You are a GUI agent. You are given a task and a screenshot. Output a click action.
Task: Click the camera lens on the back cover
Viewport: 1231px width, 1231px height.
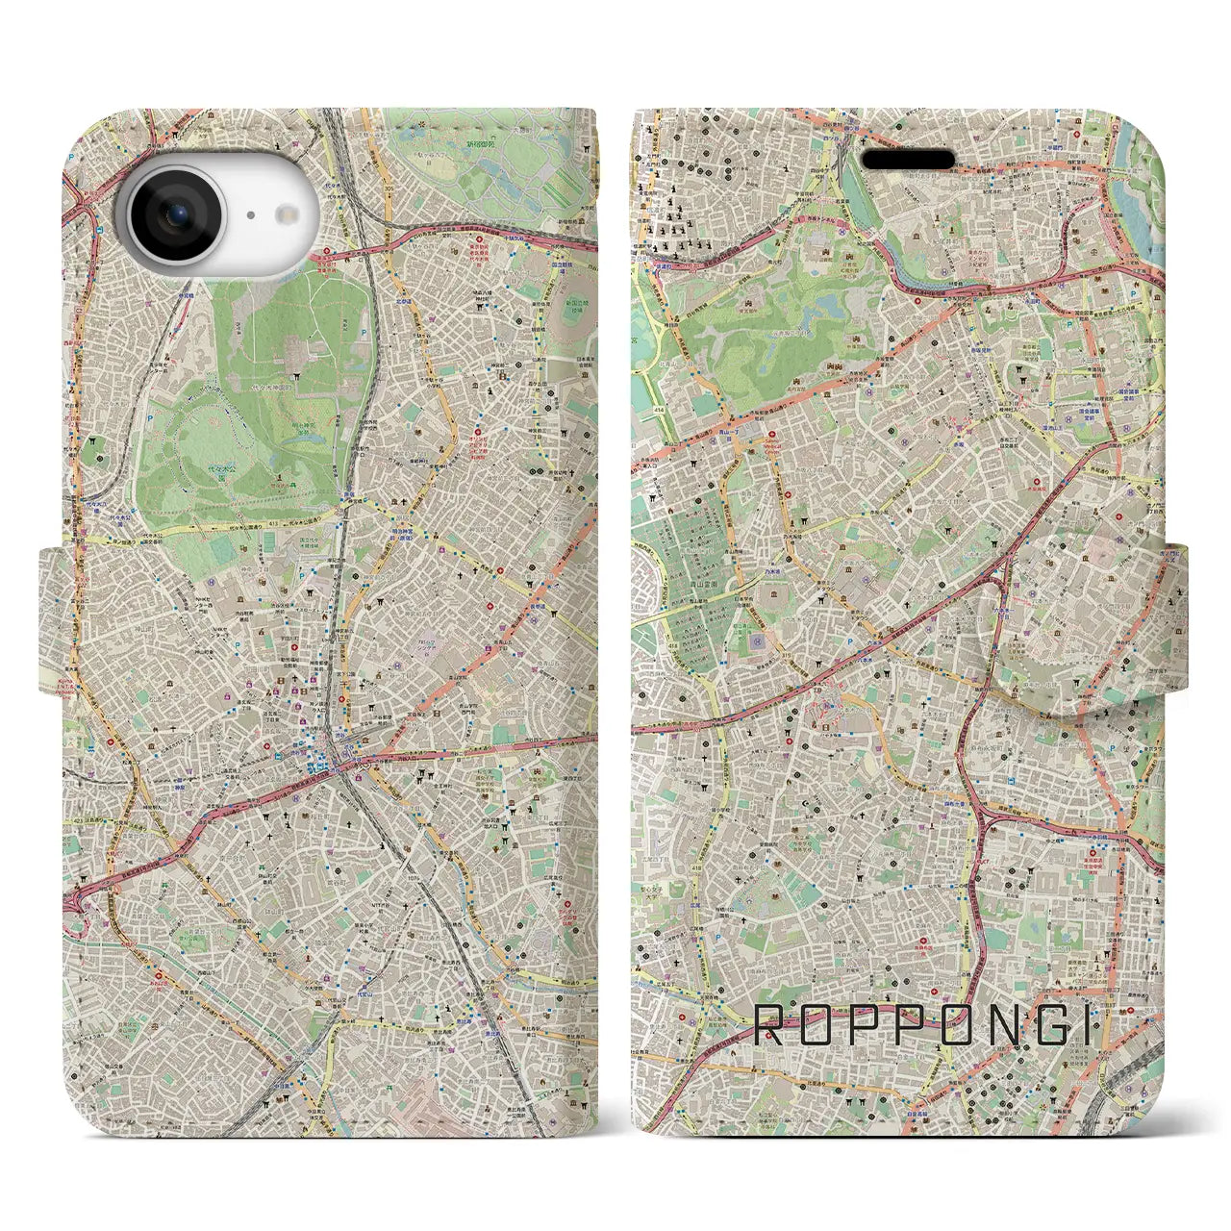pyautogui.click(x=180, y=214)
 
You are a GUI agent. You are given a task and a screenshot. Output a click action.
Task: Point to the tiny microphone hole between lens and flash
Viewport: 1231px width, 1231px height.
pyautogui.click(x=249, y=216)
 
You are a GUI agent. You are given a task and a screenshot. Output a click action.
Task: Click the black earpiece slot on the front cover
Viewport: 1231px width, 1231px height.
pyautogui.click(x=907, y=160)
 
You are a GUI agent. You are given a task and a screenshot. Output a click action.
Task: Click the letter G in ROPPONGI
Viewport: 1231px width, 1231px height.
pyautogui.click(x=1039, y=1025)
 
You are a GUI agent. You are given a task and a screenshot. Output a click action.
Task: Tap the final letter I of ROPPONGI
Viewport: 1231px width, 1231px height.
pyautogui.click(x=1086, y=1025)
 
